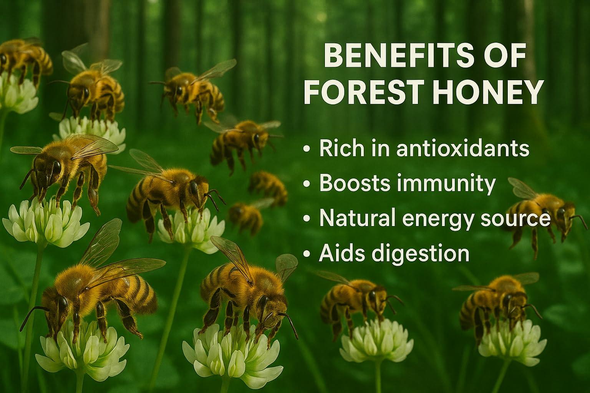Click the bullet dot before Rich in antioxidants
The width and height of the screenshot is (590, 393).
point(306,150)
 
